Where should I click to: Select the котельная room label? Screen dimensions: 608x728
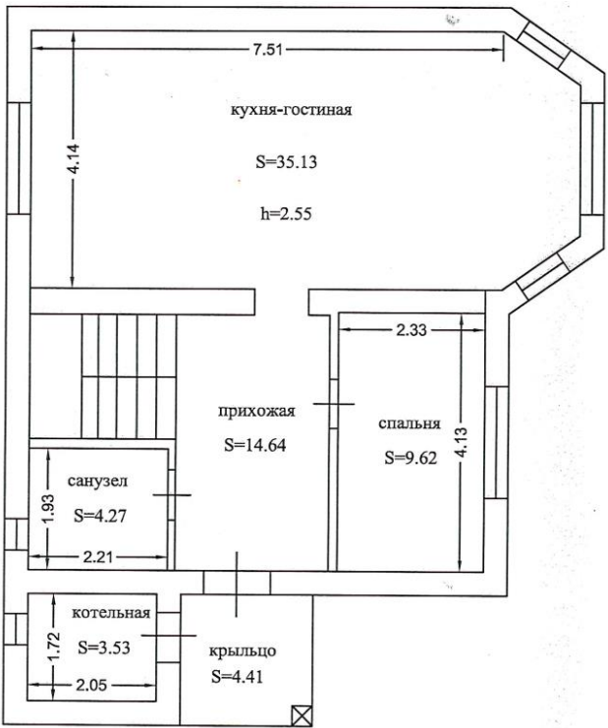coord(111,614)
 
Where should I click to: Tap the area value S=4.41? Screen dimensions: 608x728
coord(237,676)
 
